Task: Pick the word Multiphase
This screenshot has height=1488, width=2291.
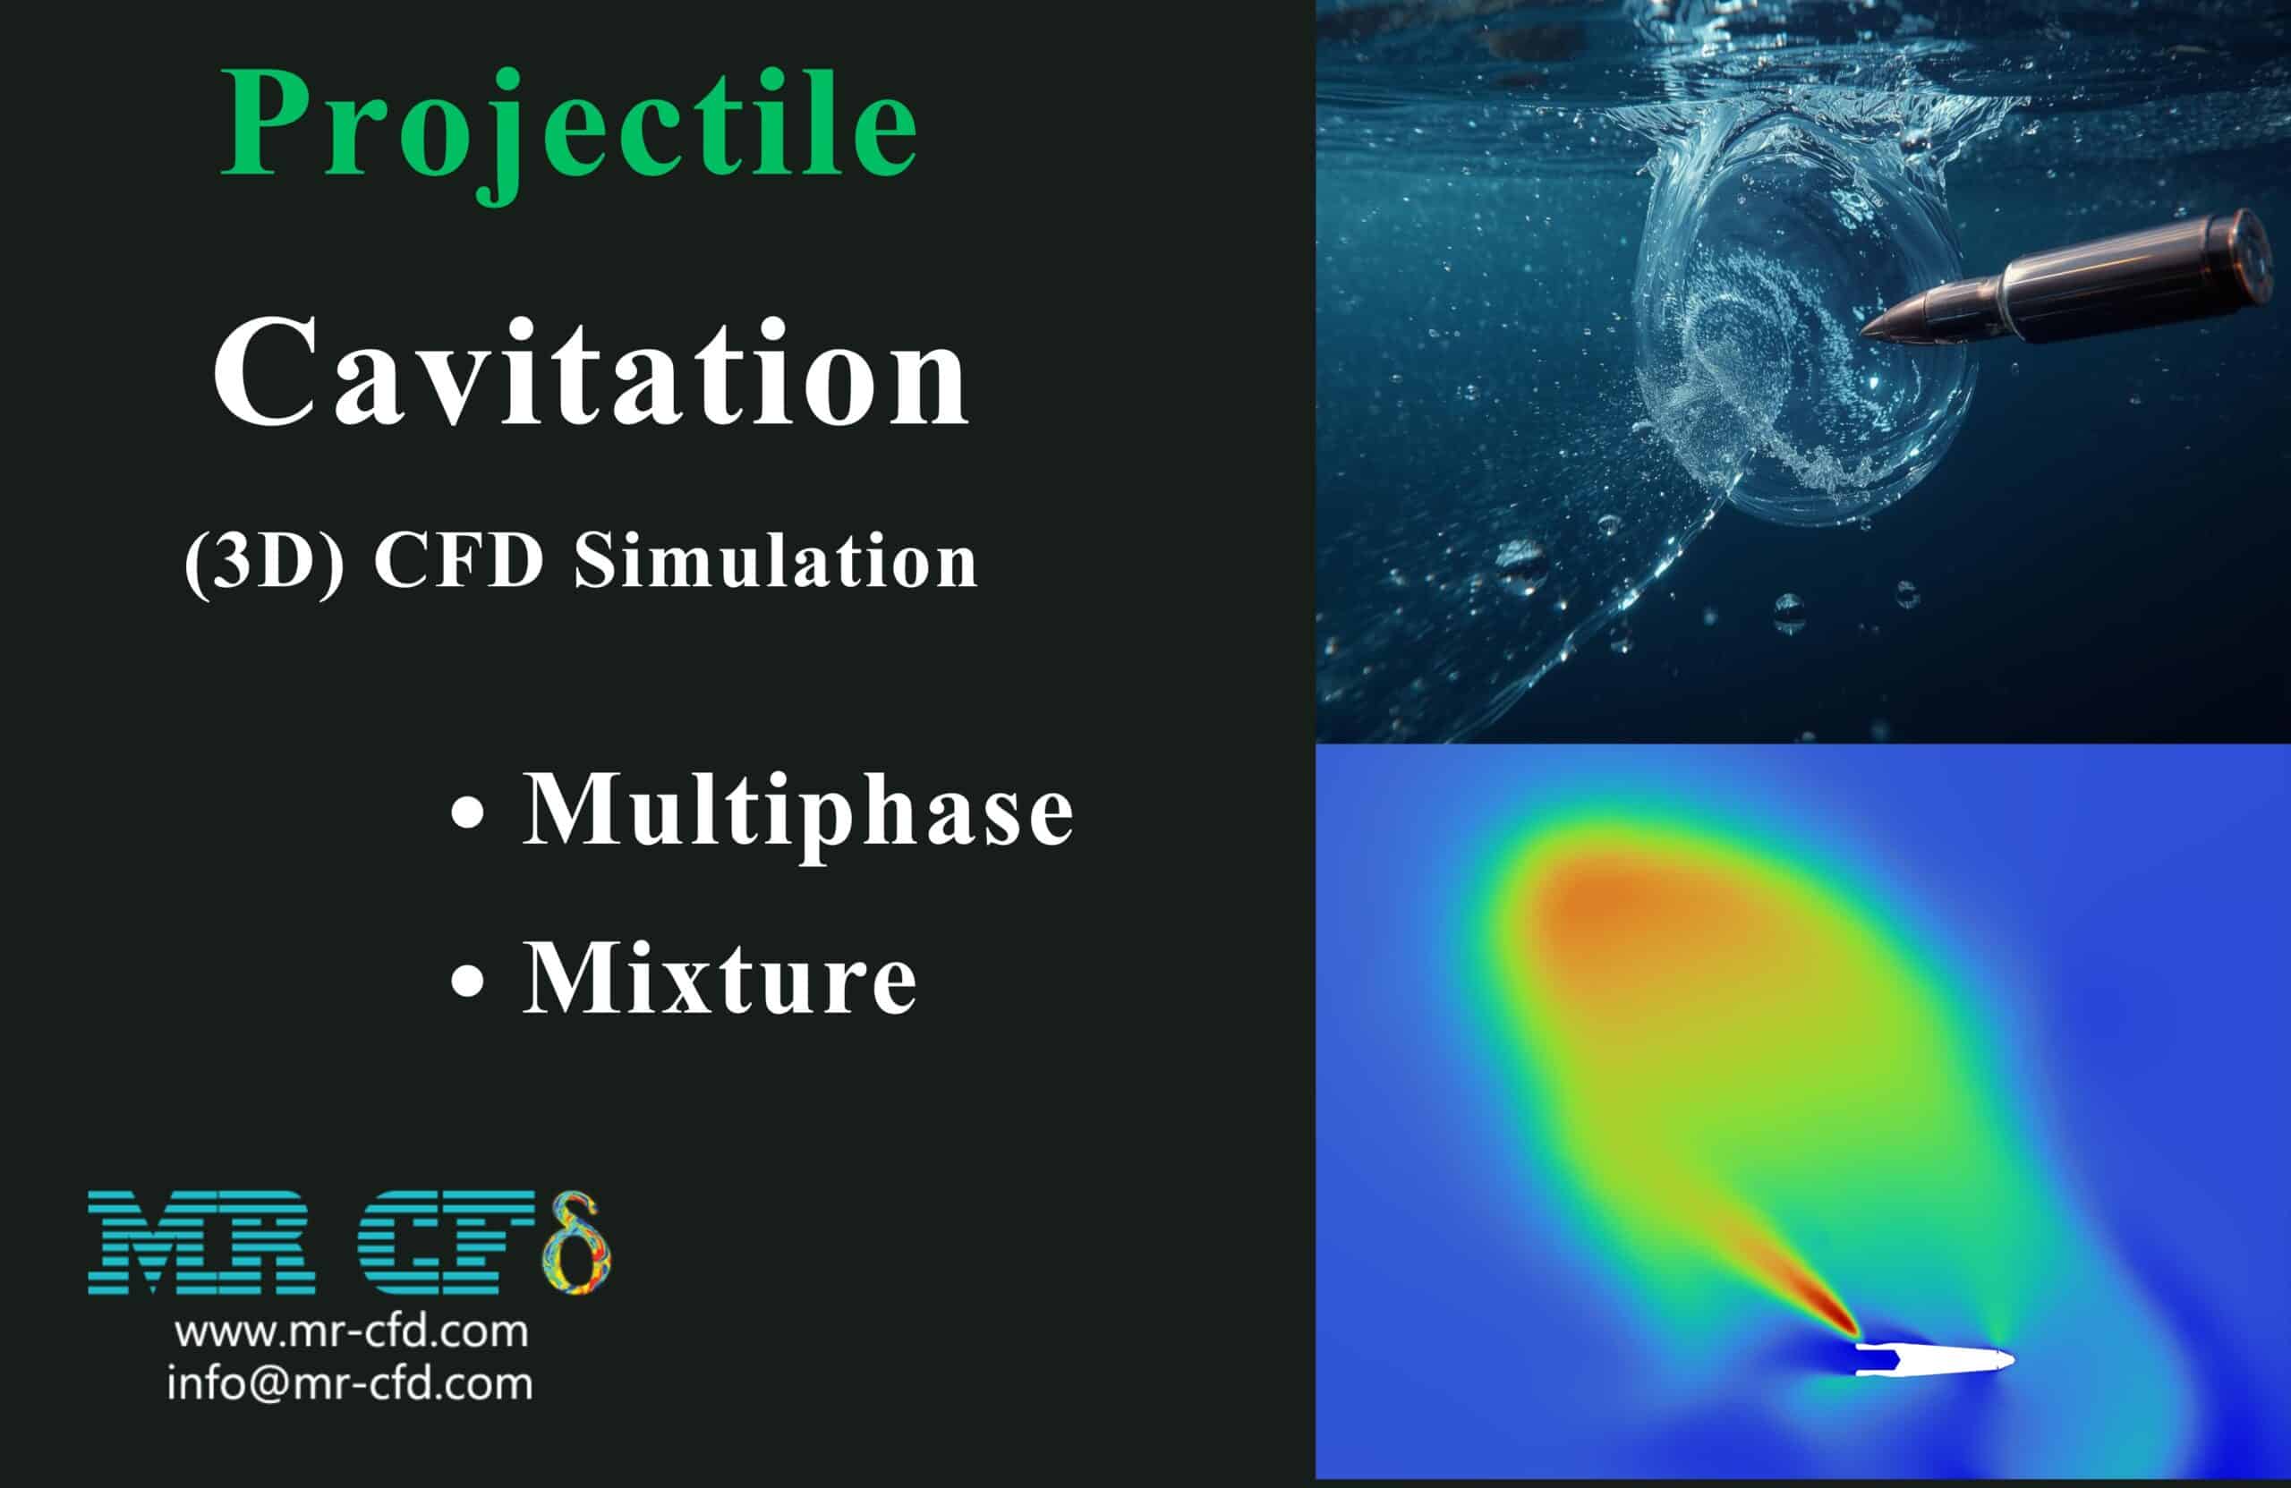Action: coord(797,812)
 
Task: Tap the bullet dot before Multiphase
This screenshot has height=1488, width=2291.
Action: coord(468,812)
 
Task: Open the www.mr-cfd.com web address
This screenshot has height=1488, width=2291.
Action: coord(352,1332)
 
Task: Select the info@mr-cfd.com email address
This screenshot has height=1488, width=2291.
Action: coord(349,1384)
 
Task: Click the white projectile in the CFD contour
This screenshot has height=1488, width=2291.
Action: coord(1935,1360)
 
